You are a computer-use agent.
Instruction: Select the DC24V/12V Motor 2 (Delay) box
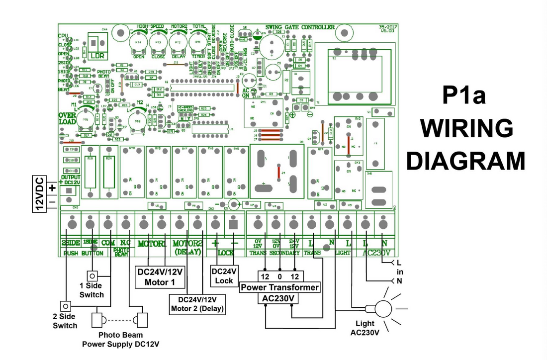(x=197, y=304)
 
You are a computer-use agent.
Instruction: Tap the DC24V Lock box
(x=225, y=276)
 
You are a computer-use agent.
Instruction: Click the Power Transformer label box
(x=279, y=287)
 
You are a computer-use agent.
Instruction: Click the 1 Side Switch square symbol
(x=92, y=275)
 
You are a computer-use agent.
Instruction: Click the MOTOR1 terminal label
(x=152, y=244)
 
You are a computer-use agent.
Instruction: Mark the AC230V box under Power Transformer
(x=279, y=298)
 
